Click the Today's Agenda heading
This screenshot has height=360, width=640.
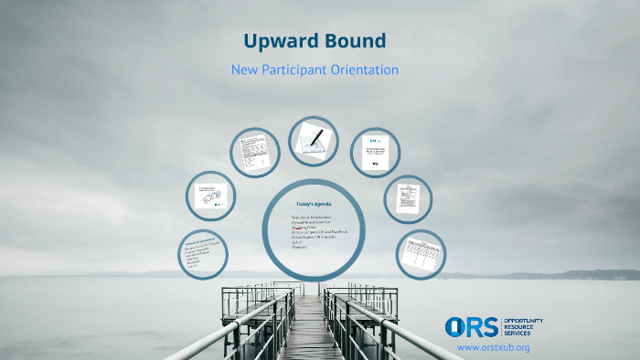coord(315,204)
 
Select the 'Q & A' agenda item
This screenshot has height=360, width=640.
coord(296,241)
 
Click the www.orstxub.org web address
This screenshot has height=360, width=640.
coord(493,348)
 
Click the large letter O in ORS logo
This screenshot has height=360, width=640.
coord(457,326)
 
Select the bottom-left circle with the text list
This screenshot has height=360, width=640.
coord(204,253)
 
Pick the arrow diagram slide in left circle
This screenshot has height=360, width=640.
coord(211,195)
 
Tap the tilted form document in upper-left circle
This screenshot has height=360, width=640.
coord(254,152)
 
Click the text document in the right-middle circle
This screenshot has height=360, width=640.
coord(407,196)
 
